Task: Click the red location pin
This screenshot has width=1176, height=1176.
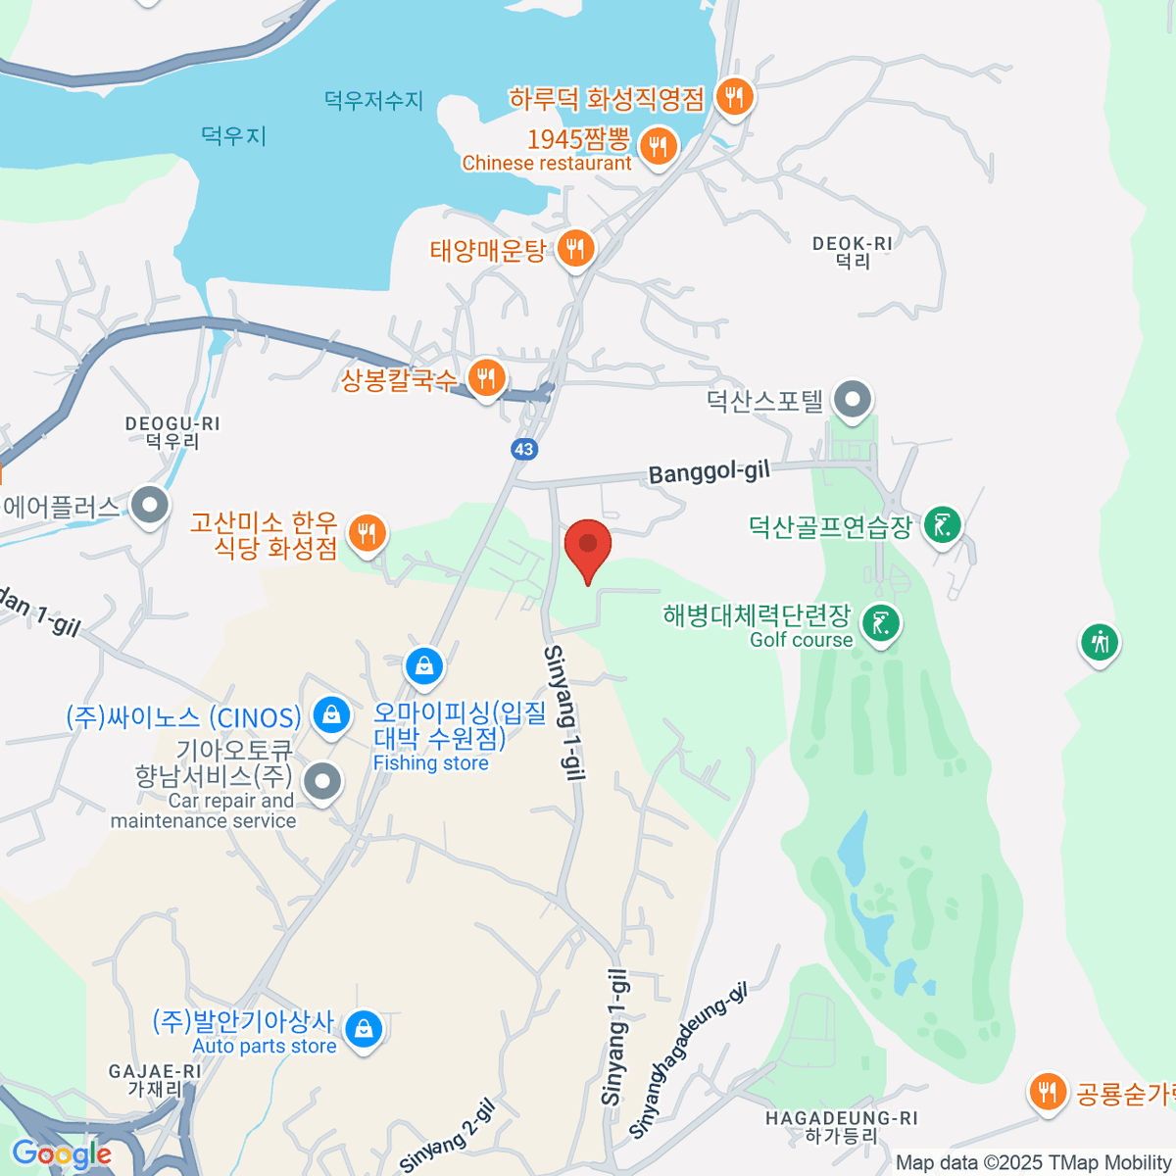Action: pos(588,546)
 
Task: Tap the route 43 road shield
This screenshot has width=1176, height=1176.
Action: pos(524,449)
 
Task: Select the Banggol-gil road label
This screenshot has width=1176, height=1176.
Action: pos(709,471)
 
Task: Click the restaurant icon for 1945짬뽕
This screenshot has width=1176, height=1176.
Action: pos(658,147)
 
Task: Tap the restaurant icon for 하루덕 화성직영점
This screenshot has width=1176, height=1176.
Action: pos(733,97)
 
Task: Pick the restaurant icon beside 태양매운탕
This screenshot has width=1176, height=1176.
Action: pos(575,249)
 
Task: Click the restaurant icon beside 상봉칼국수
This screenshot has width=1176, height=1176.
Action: pos(486,376)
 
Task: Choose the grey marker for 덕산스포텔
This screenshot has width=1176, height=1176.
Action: pos(852,399)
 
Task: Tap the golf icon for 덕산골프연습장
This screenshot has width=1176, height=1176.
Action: pos(942,525)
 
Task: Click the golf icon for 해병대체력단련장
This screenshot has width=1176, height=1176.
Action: pos(881,622)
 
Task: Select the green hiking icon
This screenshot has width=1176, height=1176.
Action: pos(1100,643)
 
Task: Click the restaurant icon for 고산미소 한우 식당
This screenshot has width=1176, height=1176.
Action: pos(367,533)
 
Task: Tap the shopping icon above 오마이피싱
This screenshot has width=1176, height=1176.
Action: pos(424,666)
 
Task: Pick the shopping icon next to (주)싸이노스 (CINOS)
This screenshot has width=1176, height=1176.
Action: pos(331,714)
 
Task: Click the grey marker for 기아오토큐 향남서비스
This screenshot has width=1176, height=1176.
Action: pos(321,781)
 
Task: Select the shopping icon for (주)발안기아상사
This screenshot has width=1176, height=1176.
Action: pos(364,1029)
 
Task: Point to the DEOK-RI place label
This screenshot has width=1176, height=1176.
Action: pos(853,252)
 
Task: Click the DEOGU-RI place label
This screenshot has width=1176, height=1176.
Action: pos(172,432)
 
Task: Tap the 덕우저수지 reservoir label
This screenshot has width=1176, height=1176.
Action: pos(373,100)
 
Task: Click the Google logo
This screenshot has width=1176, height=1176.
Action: pos(61,1154)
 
